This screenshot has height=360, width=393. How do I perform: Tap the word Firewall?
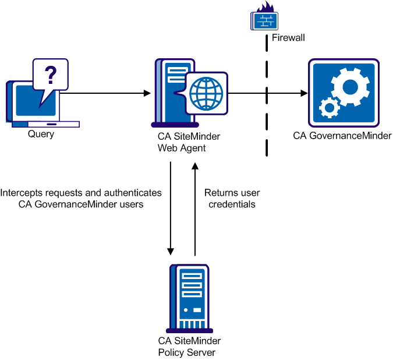[288, 38]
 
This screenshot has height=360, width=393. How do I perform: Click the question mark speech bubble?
[51, 75]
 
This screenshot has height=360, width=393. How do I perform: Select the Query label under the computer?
[41, 135]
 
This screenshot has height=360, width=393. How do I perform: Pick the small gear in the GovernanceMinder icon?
[330, 108]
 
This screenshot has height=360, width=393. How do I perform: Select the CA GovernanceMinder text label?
[342, 136]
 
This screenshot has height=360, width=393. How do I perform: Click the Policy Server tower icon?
[189, 297]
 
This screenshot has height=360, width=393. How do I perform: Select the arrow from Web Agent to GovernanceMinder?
[268, 93]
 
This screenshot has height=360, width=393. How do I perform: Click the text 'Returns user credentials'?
[232, 199]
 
